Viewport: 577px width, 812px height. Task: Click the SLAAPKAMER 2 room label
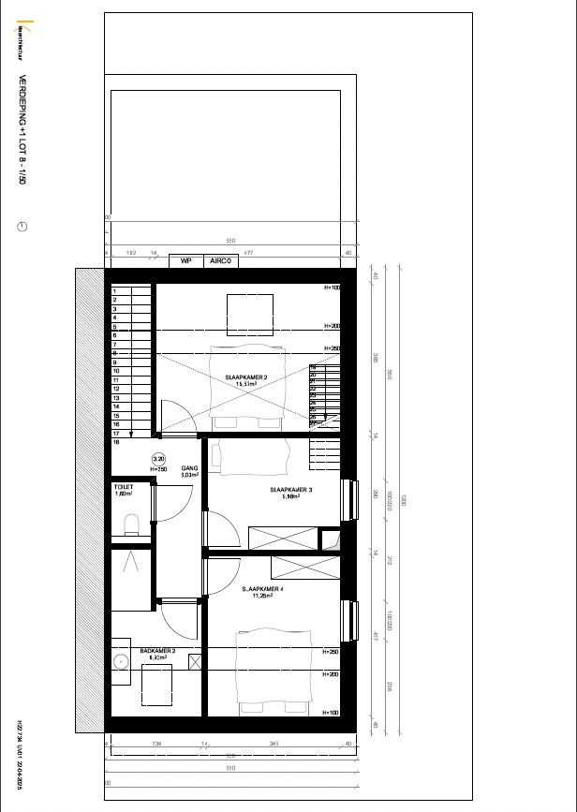point(246,377)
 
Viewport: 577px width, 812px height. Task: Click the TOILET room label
point(124,488)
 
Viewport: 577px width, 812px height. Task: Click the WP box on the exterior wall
point(185,261)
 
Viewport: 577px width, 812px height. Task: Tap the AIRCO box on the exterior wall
point(220,261)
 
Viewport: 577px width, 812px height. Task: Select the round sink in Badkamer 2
point(120,661)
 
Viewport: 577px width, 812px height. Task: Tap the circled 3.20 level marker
point(158,459)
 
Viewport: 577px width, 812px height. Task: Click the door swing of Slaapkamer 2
point(177,418)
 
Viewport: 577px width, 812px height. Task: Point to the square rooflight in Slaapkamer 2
point(250,315)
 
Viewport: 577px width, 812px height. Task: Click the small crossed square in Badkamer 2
point(195,662)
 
